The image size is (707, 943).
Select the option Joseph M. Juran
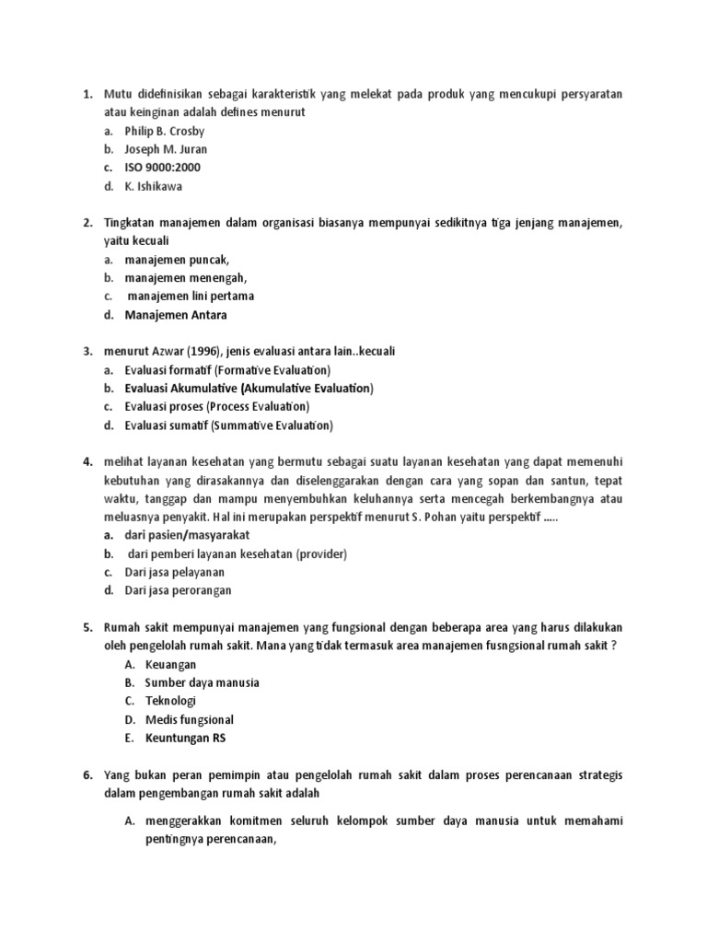point(166,149)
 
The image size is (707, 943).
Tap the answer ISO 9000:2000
point(162,168)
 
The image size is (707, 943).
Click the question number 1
point(87,94)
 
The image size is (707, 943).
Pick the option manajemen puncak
point(177,260)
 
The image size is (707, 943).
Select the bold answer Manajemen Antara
point(175,315)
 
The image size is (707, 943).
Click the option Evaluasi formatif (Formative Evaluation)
point(227,370)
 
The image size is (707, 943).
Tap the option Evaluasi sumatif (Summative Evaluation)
point(228,425)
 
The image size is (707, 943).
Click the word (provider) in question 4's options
point(315,553)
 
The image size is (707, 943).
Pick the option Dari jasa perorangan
point(178,590)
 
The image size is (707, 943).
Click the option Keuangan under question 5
point(170,664)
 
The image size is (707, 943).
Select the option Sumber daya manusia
point(202,682)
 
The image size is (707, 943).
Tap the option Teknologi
point(170,701)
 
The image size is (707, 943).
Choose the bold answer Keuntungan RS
point(185,738)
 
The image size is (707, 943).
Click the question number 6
point(87,775)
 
